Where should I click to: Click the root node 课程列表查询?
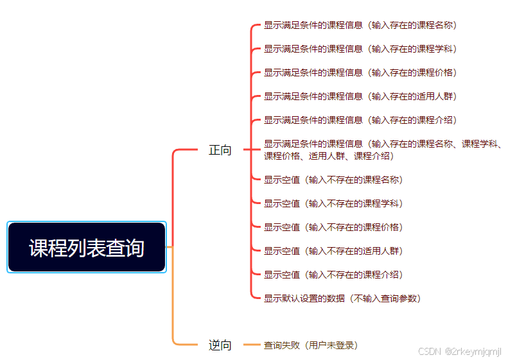(x=87, y=247)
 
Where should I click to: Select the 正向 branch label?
(x=220, y=151)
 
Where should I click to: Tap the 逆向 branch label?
(x=220, y=345)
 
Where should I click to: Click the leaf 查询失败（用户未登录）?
(x=310, y=345)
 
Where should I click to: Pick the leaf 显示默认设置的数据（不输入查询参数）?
(x=342, y=298)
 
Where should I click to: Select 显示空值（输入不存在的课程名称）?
(x=333, y=180)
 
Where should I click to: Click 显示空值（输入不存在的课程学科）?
(x=333, y=203)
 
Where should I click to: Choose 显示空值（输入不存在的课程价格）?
(x=333, y=227)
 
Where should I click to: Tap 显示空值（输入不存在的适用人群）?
(x=333, y=251)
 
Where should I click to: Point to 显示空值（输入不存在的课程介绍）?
(x=333, y=275)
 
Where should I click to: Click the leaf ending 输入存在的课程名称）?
(x=360, y=26)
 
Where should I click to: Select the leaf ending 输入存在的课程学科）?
(x=360, y=49)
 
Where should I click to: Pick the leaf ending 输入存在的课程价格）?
(x=360, y=73)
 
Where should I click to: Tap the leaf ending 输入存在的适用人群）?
(x=360, y=97)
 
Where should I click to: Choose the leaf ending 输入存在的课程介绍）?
(x=360, y=121)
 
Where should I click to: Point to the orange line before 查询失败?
(x=252, y=345)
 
